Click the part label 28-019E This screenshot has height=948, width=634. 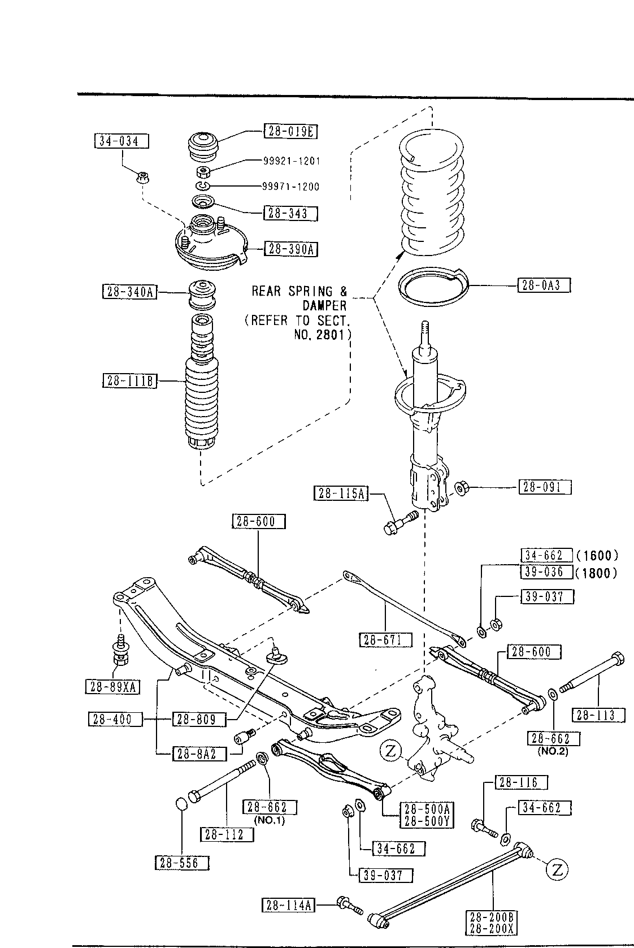click(290, 131)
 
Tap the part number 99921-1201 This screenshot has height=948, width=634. click(292, 161)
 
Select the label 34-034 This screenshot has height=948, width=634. click(121, 141)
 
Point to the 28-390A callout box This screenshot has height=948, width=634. click(291, 249)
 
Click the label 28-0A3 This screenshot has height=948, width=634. click(544, 285)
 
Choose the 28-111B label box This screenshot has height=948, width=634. click(129, 381)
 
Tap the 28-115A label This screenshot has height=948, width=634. click(341, 494)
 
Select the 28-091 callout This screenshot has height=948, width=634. click(545, 487)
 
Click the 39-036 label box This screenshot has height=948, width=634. click(546, 572)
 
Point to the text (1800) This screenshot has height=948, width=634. click(596, 573)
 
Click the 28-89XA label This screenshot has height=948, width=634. click(112, 686)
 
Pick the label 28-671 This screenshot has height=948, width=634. click(386, 640)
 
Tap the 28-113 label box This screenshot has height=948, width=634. click(598, 715)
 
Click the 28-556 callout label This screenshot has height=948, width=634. click(183, 863)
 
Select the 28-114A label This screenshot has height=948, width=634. click(288, 905)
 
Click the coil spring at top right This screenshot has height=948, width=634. click(432, 193)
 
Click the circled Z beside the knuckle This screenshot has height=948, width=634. click(390, 751)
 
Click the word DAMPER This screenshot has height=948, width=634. click(324, 306)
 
